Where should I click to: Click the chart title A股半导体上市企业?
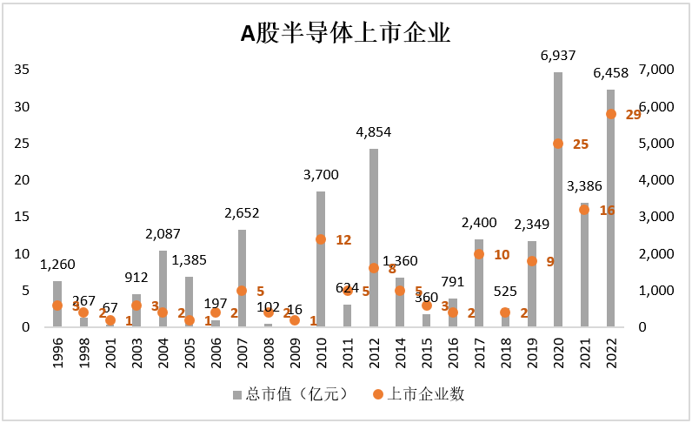[345, 34]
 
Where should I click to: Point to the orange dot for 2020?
[558, 144]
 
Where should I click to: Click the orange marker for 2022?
[611, 114]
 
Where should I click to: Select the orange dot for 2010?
[321, 239]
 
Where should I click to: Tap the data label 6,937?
[558, 57]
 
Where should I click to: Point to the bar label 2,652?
[242, 213]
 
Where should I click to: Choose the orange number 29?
[633, 115]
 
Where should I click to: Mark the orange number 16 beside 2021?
[607, 210]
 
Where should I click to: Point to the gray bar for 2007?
[242, 278]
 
